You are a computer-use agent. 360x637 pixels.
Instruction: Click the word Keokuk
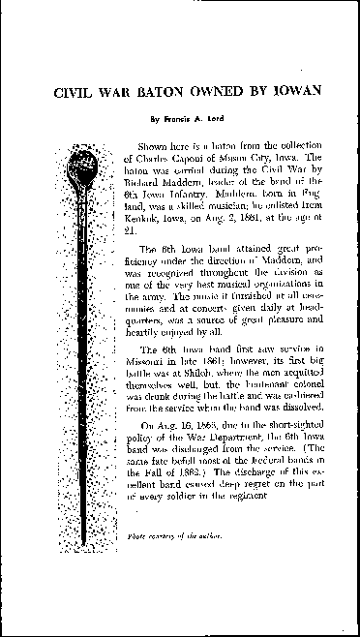coord(144,219)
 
